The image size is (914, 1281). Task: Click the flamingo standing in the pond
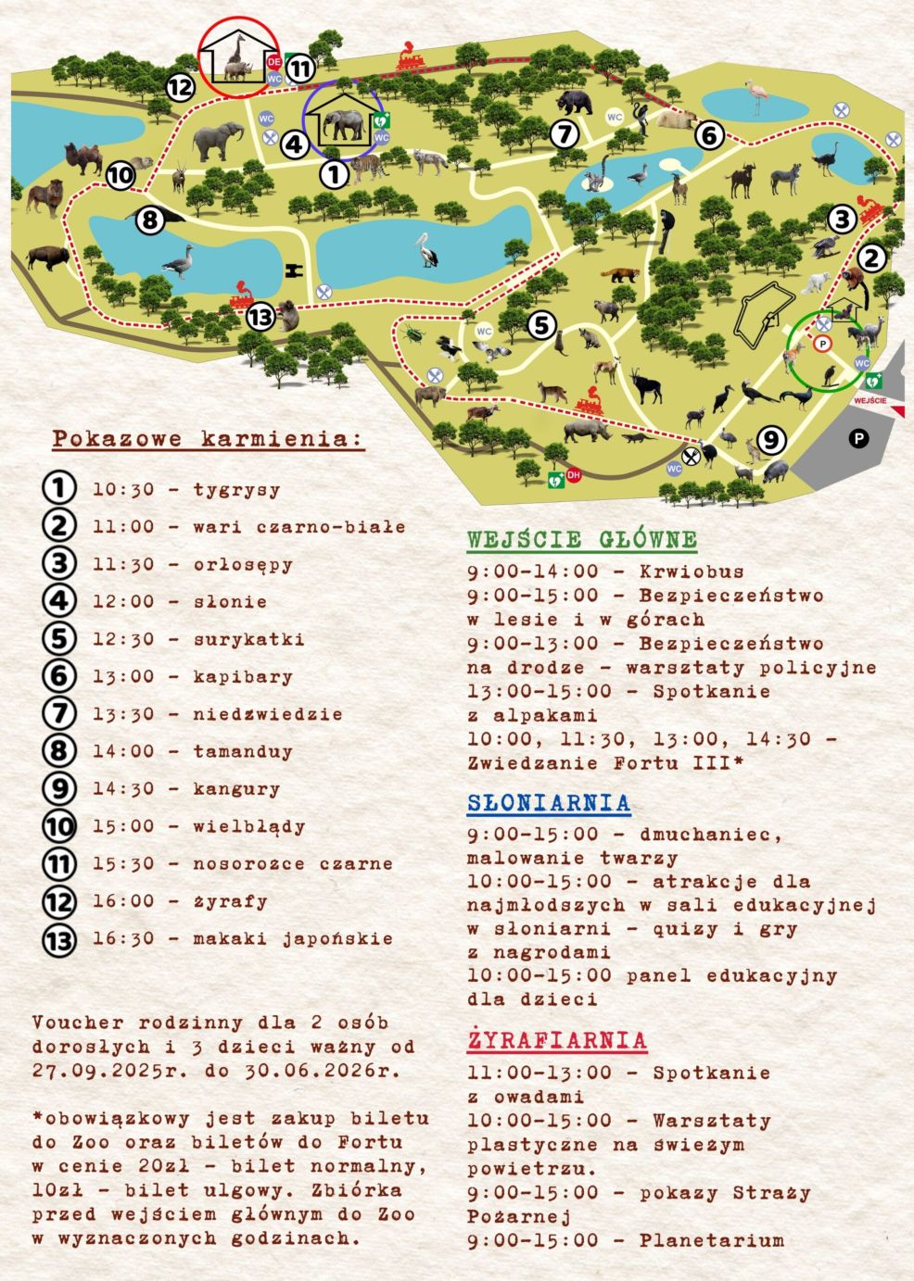tap(756, 96)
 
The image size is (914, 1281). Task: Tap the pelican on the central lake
tap(425, 249)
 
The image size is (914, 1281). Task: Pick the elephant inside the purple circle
tap(342, 125)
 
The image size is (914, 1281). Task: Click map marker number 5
tap(541, 324)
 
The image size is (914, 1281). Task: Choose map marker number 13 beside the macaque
tap(261, 318)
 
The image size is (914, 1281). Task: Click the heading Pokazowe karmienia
tap(208, 438)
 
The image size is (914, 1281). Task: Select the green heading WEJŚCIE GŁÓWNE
tap(581, 539)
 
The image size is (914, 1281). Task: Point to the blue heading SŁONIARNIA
tap(548, 802)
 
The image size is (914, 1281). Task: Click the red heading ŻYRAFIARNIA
tap(556, 1040)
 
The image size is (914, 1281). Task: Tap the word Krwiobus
tap(692, 571)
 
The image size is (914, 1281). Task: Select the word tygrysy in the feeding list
tap(236, 490)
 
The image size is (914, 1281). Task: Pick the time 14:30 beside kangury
tap(123, 789)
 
